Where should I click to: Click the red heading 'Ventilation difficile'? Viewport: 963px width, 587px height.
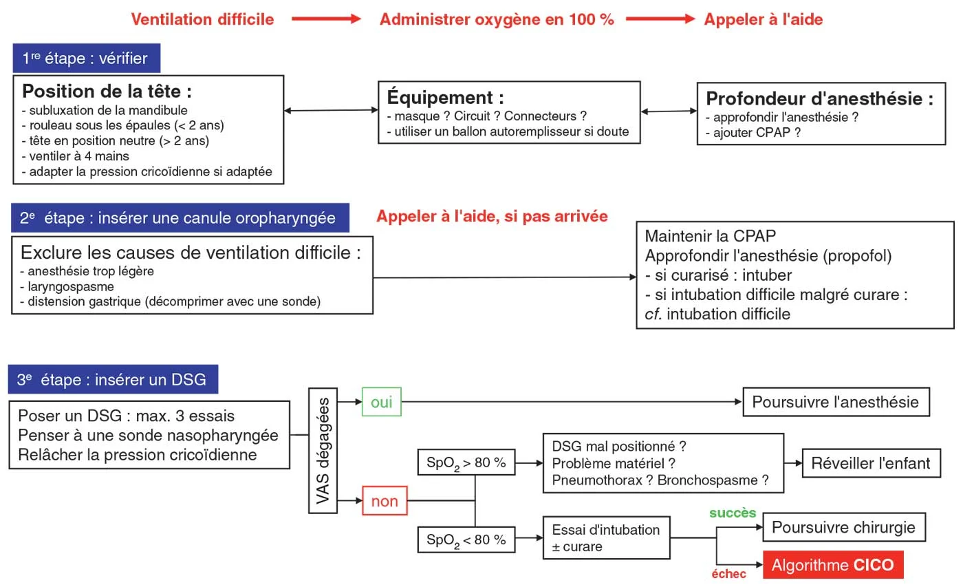pyautogui.click(x=202, y=19)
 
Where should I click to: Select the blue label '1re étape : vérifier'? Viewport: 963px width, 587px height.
pyautogui.click(x=86, y=58)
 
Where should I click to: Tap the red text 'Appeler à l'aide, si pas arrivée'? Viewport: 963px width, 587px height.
pyautogui.click(x=492, y=217)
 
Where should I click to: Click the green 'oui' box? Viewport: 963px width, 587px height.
pyautogui.click(x=381, y=401)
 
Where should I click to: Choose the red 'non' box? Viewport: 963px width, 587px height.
pyautogui.click(x=384, y=501)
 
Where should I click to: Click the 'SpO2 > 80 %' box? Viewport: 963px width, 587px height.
pyautogui.click(x=466, y=463)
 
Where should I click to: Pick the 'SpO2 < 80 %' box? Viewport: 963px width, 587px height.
pyautogui.click(x=466, y=540)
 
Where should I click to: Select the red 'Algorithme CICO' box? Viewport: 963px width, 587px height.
pyautogui.click(x=832, y=566)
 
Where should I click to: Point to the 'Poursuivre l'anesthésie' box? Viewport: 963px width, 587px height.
pyautogui.click(x=835, y=402)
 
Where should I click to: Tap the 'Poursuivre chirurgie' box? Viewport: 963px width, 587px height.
pyautogui.click(x=843, y=528)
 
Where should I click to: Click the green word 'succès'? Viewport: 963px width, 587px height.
pyautogui.click(x=733, y=513)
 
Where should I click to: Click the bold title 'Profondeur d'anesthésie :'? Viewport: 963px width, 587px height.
pyautogui.click(x=819, y=98)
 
